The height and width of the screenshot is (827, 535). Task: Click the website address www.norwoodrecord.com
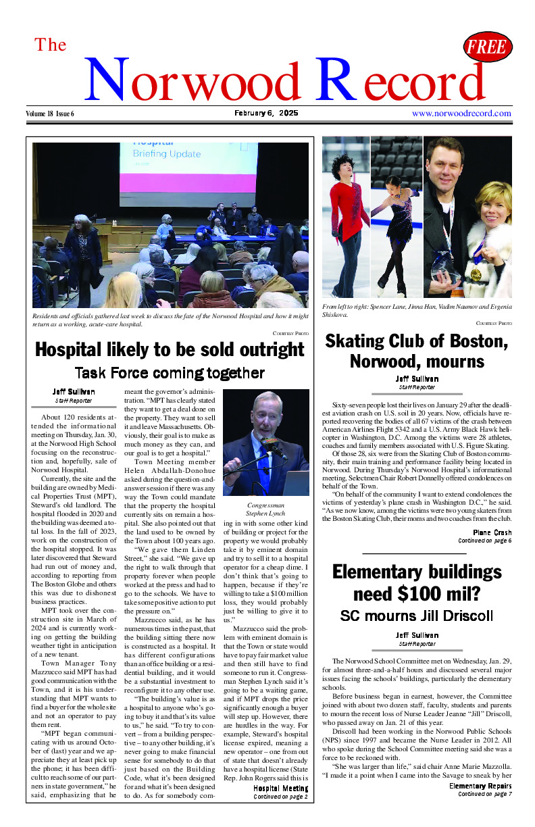pyautogui.click(x=461, y=114)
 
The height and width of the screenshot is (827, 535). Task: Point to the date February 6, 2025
pyautogui.click(x=266, y=114)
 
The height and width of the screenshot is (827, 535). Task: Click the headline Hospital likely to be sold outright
pyautogui.click(x=170, y=349)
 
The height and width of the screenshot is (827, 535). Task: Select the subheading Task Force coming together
pyautogui.click(x=170, y=372)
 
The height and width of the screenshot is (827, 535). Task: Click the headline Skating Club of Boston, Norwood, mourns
pyautogui.click(x=417, y=351)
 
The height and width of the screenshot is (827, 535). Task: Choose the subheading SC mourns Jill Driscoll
pyautogui.click(x=417, y=616)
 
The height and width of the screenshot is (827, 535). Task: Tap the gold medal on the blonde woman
pyautogui.click(x=477, y=274)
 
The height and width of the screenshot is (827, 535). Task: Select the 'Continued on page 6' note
pyautogui.click(x=484, y=541)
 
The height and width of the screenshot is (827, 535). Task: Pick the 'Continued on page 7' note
pyautogui.click(x=484, y=794)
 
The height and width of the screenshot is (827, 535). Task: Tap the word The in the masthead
pyautogui.click(x=51, y=45)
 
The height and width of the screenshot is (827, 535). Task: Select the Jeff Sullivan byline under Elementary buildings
pyautogui.click(x=417, y=635)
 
